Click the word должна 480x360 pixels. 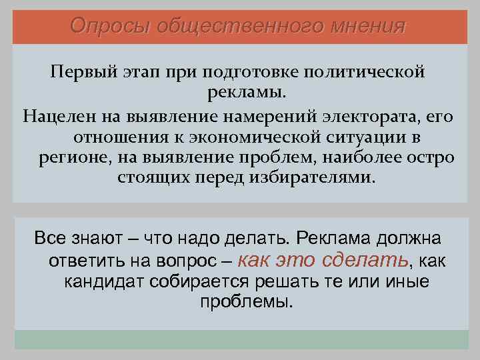(416, 238)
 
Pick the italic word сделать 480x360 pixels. (367, 259)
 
